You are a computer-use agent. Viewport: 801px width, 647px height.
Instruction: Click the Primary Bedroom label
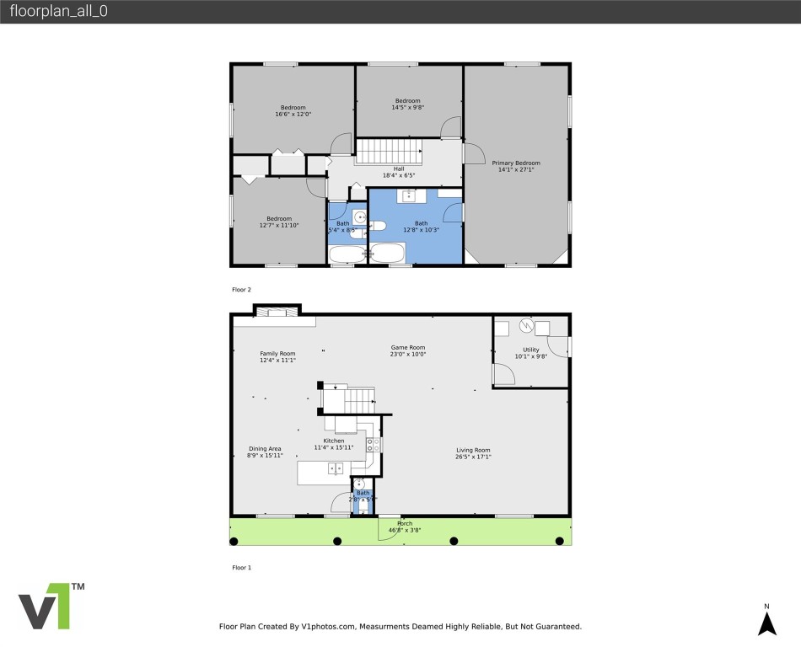[x=516, y=163]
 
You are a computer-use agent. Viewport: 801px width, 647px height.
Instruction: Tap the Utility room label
[x=531, y=349]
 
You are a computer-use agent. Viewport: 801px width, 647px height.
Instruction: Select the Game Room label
[x=407, y=347]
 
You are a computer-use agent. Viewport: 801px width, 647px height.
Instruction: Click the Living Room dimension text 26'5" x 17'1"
[x=472, y=457]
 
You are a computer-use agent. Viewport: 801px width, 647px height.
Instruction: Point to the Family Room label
[x=277, y=353]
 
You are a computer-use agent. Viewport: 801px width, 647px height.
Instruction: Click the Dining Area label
[x=265, y=448]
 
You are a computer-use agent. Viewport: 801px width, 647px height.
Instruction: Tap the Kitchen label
[x=334, y=441]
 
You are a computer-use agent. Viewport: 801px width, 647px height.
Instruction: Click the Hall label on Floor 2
[x=399, y=168]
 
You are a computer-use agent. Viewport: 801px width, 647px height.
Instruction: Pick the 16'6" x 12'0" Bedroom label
[x=293, y=107]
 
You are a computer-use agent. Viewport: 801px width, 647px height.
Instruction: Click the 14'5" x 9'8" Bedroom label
[x=407, y=101]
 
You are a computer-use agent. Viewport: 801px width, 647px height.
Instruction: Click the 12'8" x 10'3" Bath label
[x=421, y=223]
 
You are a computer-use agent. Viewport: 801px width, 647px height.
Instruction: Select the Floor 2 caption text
[x=241, y=290]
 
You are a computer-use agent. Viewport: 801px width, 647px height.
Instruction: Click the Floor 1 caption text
[x=241, y=568]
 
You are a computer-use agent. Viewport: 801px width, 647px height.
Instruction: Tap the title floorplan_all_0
[x=58, y=12]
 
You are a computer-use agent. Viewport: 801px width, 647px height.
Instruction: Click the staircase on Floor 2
[x=389, y=152]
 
